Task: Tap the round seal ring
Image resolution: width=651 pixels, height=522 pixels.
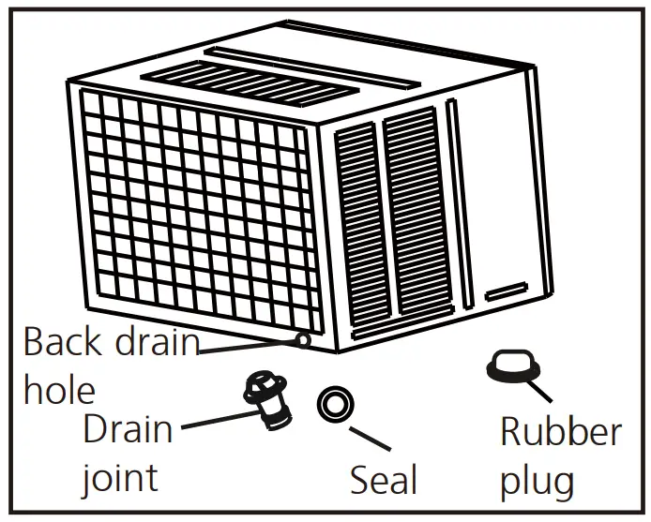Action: click(335, 405)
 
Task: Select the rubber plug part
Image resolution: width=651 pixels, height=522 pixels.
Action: click(509, 365)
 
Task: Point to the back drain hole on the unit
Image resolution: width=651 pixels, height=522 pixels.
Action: click(303, 337)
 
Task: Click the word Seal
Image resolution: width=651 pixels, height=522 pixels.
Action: click(384, 480)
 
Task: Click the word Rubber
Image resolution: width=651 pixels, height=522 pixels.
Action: click(560, 432)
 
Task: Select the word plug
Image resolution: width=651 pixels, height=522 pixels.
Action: click(537, 481)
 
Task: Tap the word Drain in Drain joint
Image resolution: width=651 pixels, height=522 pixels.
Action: click(128, 429)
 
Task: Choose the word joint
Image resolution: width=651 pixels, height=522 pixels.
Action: click(118, 478)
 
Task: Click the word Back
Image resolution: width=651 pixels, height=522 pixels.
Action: click(62, 340)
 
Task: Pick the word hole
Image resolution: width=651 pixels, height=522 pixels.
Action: click(60, 389)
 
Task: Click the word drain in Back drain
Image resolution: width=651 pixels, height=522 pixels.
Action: click(156, 340)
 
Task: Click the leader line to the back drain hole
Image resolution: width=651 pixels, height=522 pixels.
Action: click(249, 344)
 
